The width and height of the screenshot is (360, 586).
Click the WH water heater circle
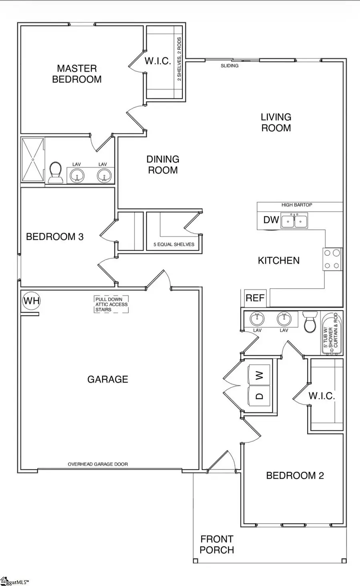point(31,300)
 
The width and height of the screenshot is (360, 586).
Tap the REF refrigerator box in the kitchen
point(255,298)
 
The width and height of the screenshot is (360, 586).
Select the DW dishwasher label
point(271,220)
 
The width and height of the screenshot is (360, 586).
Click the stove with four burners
point(332,259)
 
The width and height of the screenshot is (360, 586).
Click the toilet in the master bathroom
point(55,173)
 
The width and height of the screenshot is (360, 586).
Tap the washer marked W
point(260,375)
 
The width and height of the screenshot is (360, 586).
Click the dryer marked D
point(260,396)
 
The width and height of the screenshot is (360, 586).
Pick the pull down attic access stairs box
point(112,304)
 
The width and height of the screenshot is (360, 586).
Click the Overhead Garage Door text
point(98,464)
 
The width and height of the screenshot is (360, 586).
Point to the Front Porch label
point(217,544)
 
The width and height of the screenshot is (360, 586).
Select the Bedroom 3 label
point(55,237)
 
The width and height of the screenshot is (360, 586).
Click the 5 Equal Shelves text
point(174,244)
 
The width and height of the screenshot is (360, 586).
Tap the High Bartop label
point(297,205)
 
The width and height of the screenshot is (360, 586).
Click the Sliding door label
point(230,66)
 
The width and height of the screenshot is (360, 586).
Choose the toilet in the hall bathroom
point(310,323)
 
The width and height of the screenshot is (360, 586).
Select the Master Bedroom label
point(77,74)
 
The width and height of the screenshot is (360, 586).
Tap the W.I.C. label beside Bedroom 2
point(322,396)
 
